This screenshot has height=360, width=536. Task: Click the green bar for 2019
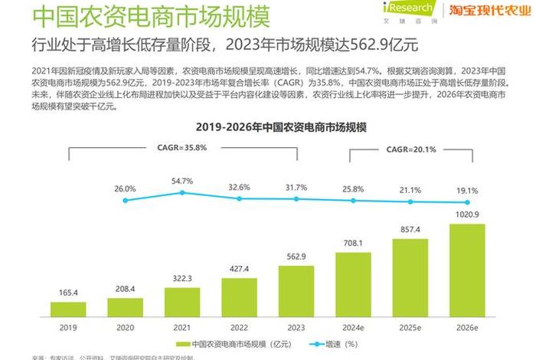click(x=68, y=309)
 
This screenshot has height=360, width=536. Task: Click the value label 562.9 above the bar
click(x=296, y=257)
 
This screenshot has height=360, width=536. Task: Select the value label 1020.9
click(x=467, y=214)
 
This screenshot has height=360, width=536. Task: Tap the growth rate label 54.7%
click(x=182, y=181)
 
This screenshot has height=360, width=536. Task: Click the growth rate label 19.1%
click(x=467, y=191)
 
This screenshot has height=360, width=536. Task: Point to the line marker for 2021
click(x=182, y=193)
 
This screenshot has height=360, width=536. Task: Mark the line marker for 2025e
click(x=410, y=201)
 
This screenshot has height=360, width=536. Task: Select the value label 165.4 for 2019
click(x=68, y=293)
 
